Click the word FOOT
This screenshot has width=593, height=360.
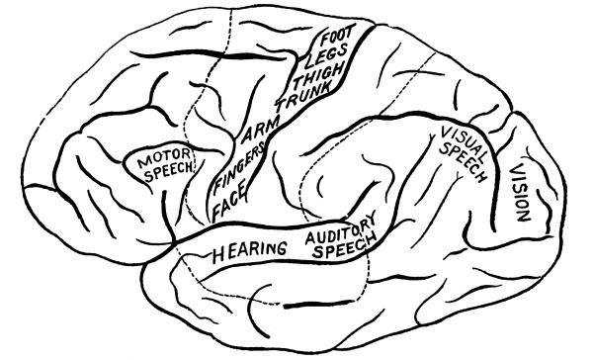(x=339, y=35)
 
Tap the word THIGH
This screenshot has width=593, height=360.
(x=319, y=74)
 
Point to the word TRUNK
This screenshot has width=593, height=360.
(x=303, y=96)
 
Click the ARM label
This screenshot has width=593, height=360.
(x=261, y=131)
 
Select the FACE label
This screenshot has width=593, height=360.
(x=229, y=201)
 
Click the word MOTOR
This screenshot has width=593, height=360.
(x=164, y=158)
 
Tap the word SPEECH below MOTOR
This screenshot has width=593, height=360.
(x=169, y=172)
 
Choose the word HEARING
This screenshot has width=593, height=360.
(x=249, y=251)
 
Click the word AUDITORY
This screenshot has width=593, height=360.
(x=340, y=228)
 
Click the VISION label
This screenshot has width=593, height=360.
(x=520, y=193)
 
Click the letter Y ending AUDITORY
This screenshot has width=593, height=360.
(x=371, y=218)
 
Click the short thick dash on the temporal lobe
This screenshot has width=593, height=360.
(x=301, y=305)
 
